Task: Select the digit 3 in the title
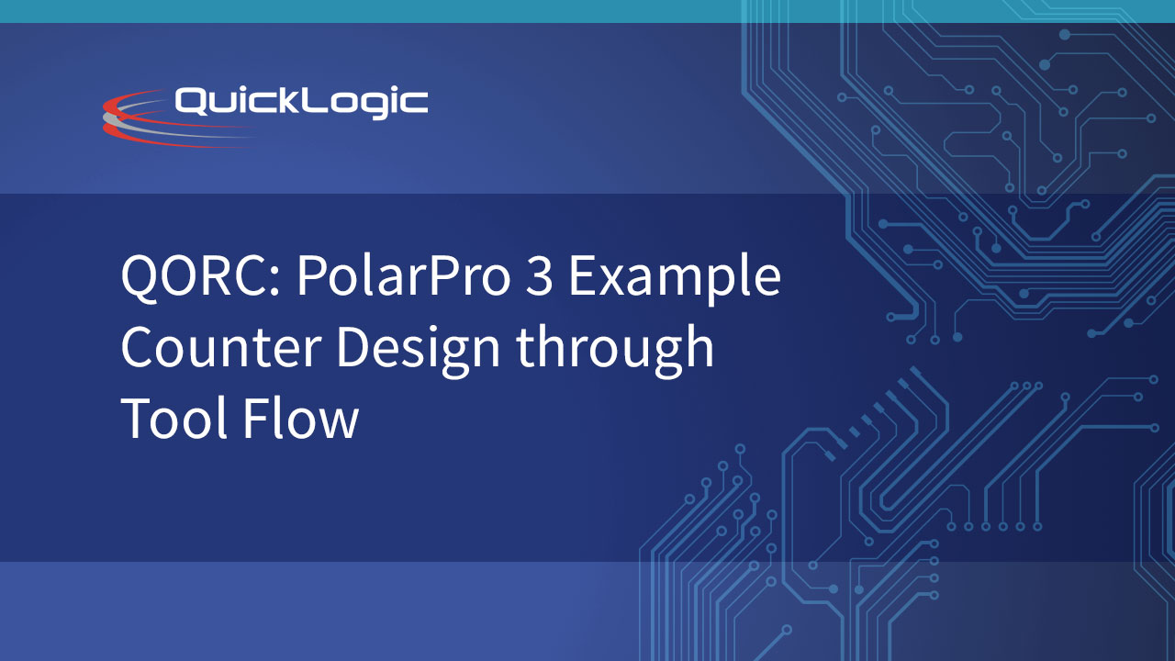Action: click(x=539, y=275)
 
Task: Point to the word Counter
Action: click(x=221, y=346)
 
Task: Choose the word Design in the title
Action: click(x=418, y=349)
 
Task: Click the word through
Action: click(x=615, y=350)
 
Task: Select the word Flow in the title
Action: click(x=301, y=416)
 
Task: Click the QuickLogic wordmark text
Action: click(x=301, y=101)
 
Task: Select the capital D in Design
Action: click(x=353, y=347)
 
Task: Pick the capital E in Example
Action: click(x=583, y=275)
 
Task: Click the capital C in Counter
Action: click(x=138, y=347)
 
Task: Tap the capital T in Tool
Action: click(x=137, y=418)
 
